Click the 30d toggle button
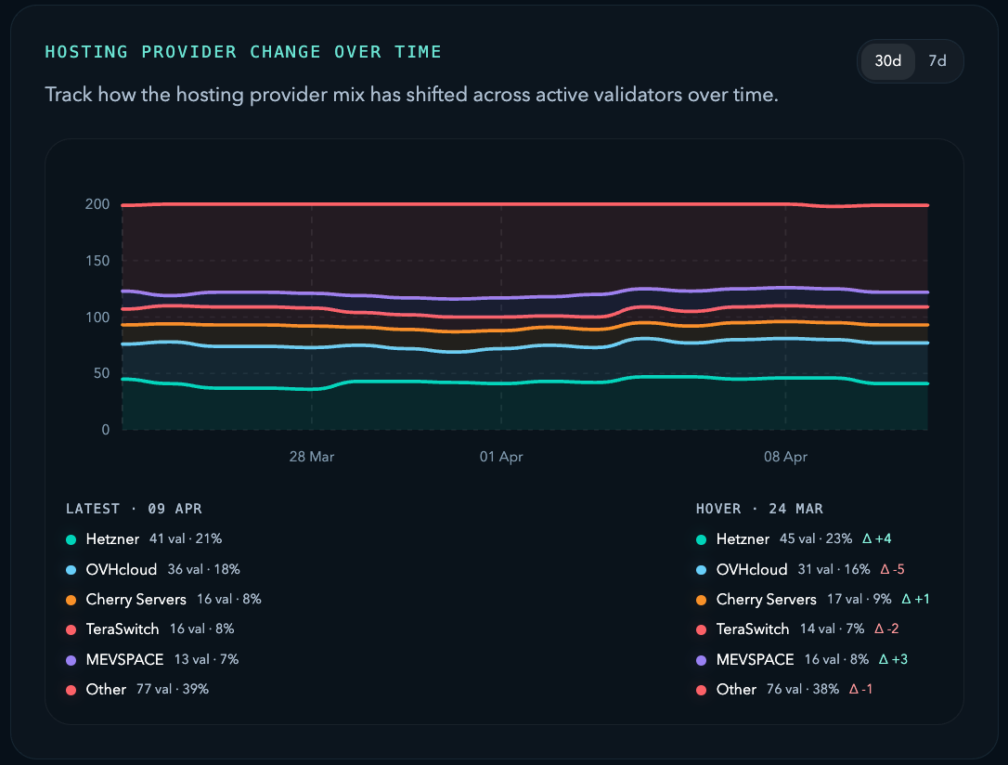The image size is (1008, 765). click(887, 61)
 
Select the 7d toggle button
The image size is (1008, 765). click(937, 61)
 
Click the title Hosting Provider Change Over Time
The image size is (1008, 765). click(243, 52)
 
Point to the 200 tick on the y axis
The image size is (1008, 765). click(97, 204)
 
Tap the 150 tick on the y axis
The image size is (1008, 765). click(97, 261)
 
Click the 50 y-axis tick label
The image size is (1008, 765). click(100, 373)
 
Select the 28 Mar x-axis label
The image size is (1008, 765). click(312, 457)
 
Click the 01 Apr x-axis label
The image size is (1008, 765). click(501, 457)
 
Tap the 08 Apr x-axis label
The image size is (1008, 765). click(785, 457)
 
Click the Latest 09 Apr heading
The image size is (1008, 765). click(134, 509)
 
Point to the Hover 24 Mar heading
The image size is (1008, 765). click(759, 509)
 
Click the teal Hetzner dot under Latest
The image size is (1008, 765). click(71, 539)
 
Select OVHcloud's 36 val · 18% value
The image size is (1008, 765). click(203, 569)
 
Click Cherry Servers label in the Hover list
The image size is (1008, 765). click(766, 600)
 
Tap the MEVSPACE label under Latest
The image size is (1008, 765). click(124, 659)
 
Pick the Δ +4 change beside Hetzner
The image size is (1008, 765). click(877, 539)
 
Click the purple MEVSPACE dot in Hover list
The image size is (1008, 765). click(701, 660)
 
